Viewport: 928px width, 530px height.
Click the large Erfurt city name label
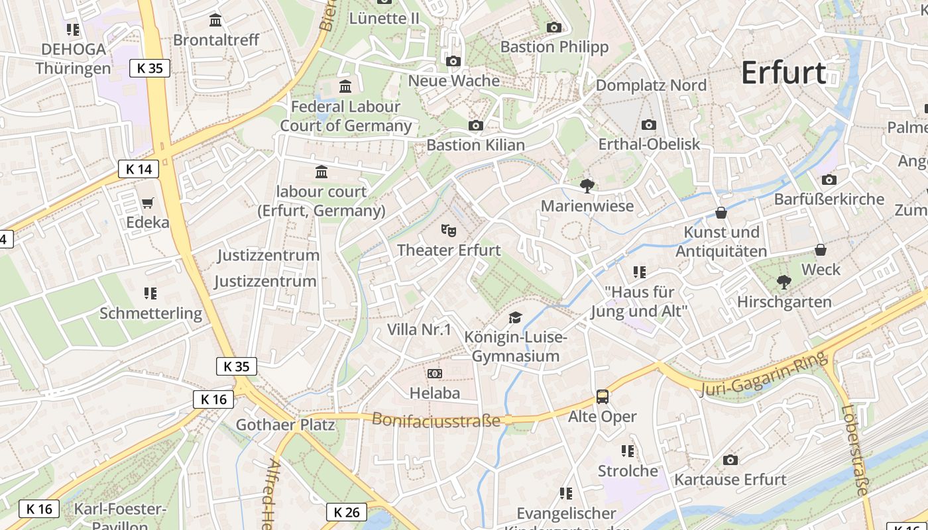[783, 72]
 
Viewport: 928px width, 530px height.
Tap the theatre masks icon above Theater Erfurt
[449, 231]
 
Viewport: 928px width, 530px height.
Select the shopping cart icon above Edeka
[147, 203]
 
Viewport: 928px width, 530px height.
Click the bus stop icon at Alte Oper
[602, 397]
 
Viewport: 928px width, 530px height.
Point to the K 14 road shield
[139, 169]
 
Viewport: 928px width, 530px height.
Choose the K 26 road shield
[347, 512]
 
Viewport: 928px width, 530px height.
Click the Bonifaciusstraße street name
[435, 420]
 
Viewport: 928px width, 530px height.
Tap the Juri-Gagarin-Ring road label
[762, 375]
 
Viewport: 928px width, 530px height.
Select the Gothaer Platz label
[286, 425]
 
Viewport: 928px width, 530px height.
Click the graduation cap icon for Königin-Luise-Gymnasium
[515, 318]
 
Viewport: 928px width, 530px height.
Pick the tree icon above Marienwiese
[587, 185]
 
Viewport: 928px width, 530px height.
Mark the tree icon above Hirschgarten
[783, 282]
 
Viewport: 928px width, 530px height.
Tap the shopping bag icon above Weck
[821, 250]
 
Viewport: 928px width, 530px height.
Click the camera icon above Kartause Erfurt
[730, 460]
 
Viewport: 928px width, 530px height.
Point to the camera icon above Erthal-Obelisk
[649, 125]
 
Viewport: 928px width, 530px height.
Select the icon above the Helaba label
[434, 374]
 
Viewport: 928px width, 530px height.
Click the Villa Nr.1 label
[419, 329]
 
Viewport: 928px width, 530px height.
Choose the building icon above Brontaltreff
[215, 21]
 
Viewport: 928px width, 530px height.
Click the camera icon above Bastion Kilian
[475, 125]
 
